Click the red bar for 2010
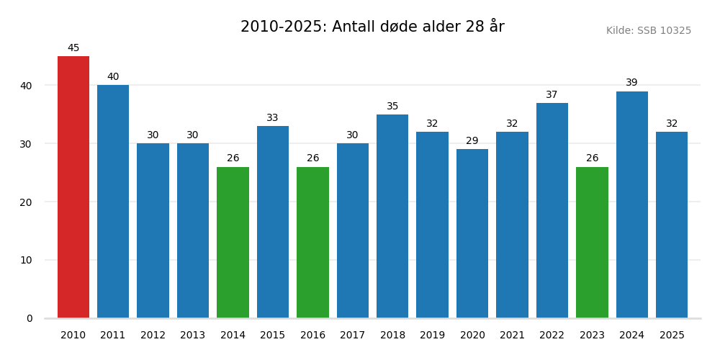tap(73, 187)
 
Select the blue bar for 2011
tap(113, 202)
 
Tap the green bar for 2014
tap(233, 243)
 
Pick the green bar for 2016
tap(312, 243)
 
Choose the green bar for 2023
tap(592, 243)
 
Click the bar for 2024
tap(632, 204)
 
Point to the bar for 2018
tap(392, 216)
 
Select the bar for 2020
tap(472, 233)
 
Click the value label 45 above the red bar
tap(73, 48)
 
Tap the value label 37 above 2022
tap(552, 95)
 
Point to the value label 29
tap(472, 141)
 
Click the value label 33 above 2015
tap(273, 118)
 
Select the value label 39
tap(632, 83)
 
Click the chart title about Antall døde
tap(372, 27)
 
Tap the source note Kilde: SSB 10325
tap(648, 31)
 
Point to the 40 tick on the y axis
tap(26, 86)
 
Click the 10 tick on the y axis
tap(26, 260)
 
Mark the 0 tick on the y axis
tap(30, 318)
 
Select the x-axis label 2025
tap(672, 336)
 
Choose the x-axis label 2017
tap(353, 336)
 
